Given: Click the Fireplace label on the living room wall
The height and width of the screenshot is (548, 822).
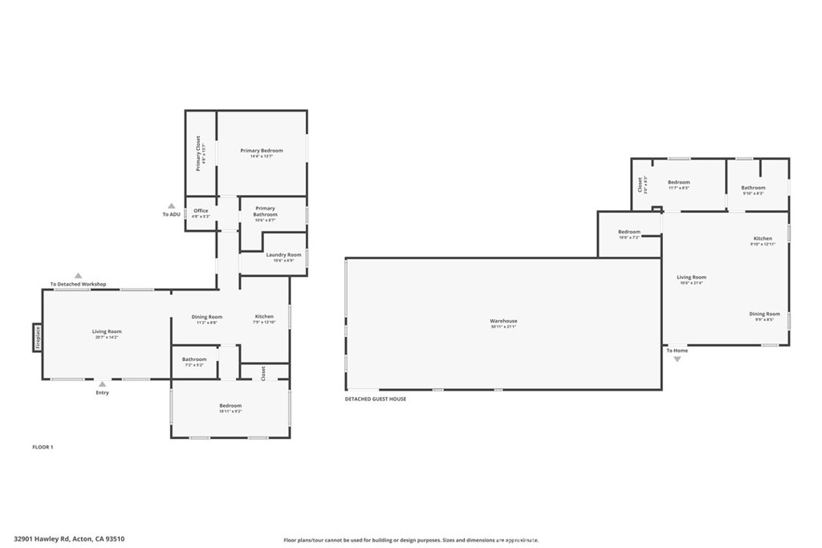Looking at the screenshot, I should [37, 338].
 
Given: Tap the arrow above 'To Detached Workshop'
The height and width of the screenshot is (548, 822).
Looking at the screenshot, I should [78, 275].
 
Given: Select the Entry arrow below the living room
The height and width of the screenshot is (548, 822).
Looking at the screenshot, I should [103, 383].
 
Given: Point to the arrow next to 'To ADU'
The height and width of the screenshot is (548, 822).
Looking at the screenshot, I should [171, 205].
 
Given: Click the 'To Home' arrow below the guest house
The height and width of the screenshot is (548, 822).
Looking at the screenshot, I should [677, 359].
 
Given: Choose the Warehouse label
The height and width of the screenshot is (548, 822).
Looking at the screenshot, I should [503, 321].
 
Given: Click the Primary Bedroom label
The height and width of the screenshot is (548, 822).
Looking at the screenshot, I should [262, 151].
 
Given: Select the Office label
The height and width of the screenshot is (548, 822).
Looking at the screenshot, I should [201, 211].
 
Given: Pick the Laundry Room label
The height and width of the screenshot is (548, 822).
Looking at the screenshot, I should [283, 254].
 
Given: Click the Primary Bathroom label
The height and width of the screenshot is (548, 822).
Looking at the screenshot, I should [265, 211].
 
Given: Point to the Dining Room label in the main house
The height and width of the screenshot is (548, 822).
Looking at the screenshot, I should [207, 316].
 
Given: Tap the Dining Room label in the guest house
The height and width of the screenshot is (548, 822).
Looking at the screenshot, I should [763, 314].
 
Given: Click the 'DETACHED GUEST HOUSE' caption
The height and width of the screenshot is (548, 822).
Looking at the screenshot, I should [375, 399].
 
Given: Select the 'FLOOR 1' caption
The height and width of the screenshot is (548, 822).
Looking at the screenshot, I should [43, 446].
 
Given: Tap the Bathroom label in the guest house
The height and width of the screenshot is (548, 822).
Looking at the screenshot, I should [753, 188].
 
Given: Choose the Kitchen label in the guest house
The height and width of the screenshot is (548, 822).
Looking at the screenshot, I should [763, 238].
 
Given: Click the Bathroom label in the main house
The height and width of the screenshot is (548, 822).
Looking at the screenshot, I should [194, 359].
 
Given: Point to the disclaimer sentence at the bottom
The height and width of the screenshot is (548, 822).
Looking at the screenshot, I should [410, 540].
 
